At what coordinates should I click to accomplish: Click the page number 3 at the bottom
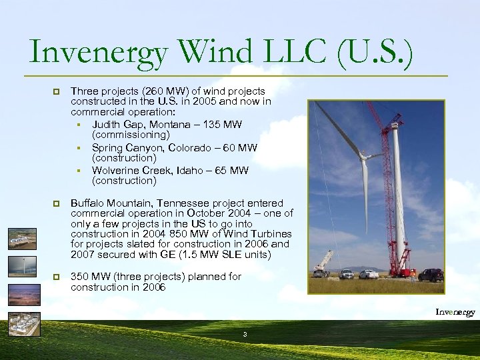coord(245,333)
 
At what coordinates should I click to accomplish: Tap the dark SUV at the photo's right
coord(430,275)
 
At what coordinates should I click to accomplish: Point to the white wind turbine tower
coord(399,200)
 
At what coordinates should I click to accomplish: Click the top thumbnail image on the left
coord(23,238)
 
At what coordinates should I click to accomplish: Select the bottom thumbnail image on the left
coord(24,323)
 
